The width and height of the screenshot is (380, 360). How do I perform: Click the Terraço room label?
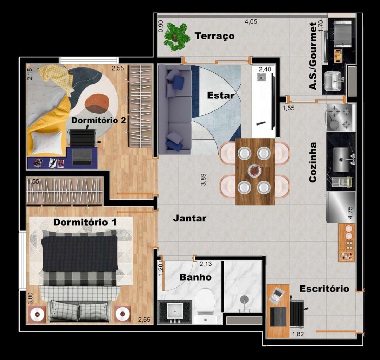click(215, 36)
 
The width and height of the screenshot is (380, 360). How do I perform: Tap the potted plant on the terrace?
click(177, 37)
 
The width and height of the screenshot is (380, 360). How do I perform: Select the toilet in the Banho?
click(205, 306)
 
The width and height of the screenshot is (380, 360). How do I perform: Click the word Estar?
click(220, 96)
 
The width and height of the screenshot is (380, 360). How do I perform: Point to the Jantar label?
click(189, 218)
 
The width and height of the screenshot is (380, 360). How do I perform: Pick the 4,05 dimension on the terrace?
click(251, 21)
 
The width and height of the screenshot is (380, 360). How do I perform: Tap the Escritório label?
click(324, 289)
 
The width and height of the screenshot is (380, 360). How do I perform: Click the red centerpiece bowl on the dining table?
click(255, 170)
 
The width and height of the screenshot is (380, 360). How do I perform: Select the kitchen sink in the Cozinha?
click(341, 160)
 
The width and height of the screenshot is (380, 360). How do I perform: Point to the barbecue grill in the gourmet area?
click(343, 34)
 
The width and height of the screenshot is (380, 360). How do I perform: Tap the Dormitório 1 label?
click(85, 222)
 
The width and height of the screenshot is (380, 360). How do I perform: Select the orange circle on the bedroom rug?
click(97, 103)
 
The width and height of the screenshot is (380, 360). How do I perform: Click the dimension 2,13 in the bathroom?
click(206, 264)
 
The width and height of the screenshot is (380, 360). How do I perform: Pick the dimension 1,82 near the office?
click(298, 334)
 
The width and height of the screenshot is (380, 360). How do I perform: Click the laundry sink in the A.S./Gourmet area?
click(333, 81)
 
